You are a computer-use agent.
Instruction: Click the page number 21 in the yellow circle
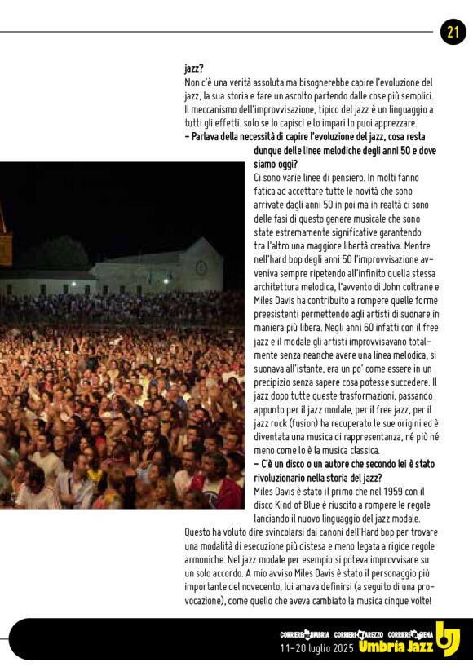click(453, 32)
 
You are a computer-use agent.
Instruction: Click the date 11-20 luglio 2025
click(316, 648)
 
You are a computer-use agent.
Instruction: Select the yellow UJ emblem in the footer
click(447, 638)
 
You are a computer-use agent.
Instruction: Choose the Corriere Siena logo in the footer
click(410, 634)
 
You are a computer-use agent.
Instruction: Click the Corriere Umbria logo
click(304, 634)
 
